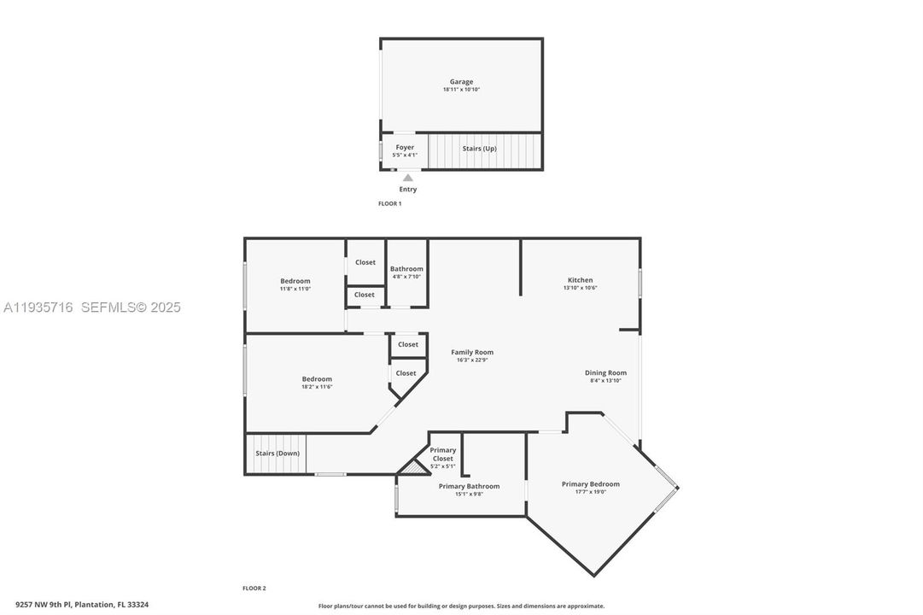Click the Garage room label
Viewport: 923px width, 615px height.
461,82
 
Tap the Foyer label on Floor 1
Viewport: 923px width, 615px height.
405,148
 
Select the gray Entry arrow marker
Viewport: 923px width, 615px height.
408,178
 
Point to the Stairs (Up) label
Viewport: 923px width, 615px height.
479,149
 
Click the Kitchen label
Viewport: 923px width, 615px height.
581,280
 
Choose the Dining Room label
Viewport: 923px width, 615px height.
605,372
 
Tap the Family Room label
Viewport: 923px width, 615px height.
472,352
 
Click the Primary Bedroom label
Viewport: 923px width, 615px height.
591,484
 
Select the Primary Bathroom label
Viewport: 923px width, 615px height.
469,486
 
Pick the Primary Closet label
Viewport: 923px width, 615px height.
443,454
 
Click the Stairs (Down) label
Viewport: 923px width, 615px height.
277,454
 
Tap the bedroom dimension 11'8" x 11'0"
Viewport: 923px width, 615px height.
295,289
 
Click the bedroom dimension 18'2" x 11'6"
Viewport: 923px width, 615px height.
317,387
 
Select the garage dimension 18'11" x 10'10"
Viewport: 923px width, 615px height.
461,90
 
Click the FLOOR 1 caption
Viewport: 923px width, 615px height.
389,203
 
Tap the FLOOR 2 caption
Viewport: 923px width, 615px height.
254,588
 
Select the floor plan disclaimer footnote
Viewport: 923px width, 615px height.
461,606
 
